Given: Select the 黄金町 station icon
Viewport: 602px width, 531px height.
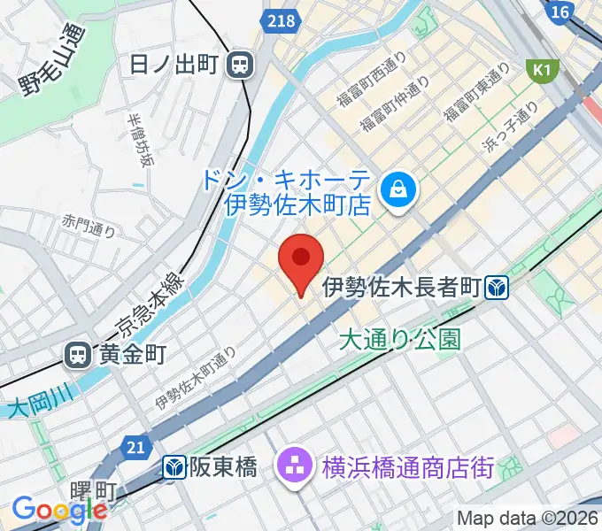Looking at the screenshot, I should (x=78, y=356).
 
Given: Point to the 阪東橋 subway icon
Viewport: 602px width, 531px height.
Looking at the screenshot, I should (x=174, y=466).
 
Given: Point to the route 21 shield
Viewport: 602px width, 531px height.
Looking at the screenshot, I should (x=135, y=449).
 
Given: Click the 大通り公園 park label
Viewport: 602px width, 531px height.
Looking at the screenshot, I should (x=399, y=339).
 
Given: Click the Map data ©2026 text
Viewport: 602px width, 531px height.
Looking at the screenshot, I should (x=528, y=517).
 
